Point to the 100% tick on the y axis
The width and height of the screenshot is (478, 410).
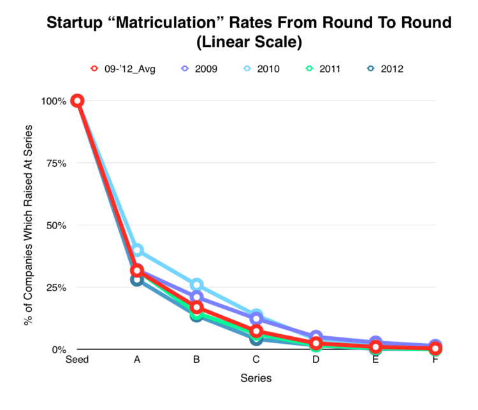coord(54,101)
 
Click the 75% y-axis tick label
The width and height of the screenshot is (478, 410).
coord(56,163)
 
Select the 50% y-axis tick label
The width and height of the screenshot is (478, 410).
coord(56,225)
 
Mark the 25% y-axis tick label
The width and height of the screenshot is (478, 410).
coord(56,287)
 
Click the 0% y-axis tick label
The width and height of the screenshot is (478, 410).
coord(59,350)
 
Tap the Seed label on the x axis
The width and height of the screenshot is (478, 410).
coord(77,360)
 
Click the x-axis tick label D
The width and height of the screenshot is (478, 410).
coord(316,360)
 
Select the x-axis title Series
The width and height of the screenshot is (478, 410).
coord(256,378)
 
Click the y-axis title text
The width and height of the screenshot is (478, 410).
coord(29,225)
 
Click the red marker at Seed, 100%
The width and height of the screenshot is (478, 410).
coord(77,101)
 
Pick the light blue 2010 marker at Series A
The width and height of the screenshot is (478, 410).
coord(137,250)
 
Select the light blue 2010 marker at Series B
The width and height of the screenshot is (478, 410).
coord(196,285)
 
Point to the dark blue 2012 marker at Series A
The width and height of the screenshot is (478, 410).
coord(137,279)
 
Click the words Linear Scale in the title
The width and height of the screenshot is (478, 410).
coord(239,44)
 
